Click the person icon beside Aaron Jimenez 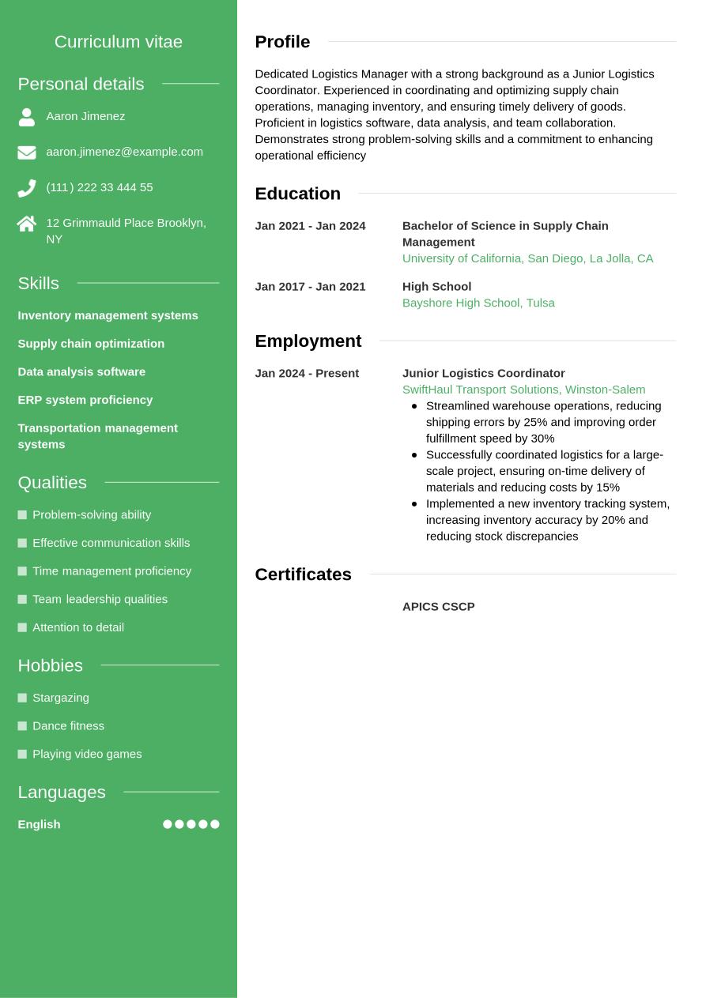point(27,117)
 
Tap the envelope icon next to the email point(27,153)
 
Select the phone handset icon point(27,188)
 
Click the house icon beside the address point(27,224)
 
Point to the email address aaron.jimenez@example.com point(124,152)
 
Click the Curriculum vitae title point(119,42)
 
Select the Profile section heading point(282,42)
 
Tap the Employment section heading point(308,341)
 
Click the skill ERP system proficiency point(85,400)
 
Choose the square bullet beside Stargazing point(22,698)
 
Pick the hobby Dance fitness point(68,725)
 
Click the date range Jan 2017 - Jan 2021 point(310,287)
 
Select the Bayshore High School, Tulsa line point(478,303)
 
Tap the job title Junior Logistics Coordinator point(483,373)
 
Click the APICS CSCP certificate point(438,607)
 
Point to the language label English point(39,824)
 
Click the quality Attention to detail point(78,627)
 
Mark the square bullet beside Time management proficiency point(22,571)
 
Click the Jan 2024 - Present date point(307,373)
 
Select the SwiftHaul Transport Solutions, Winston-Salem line point(523,390)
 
